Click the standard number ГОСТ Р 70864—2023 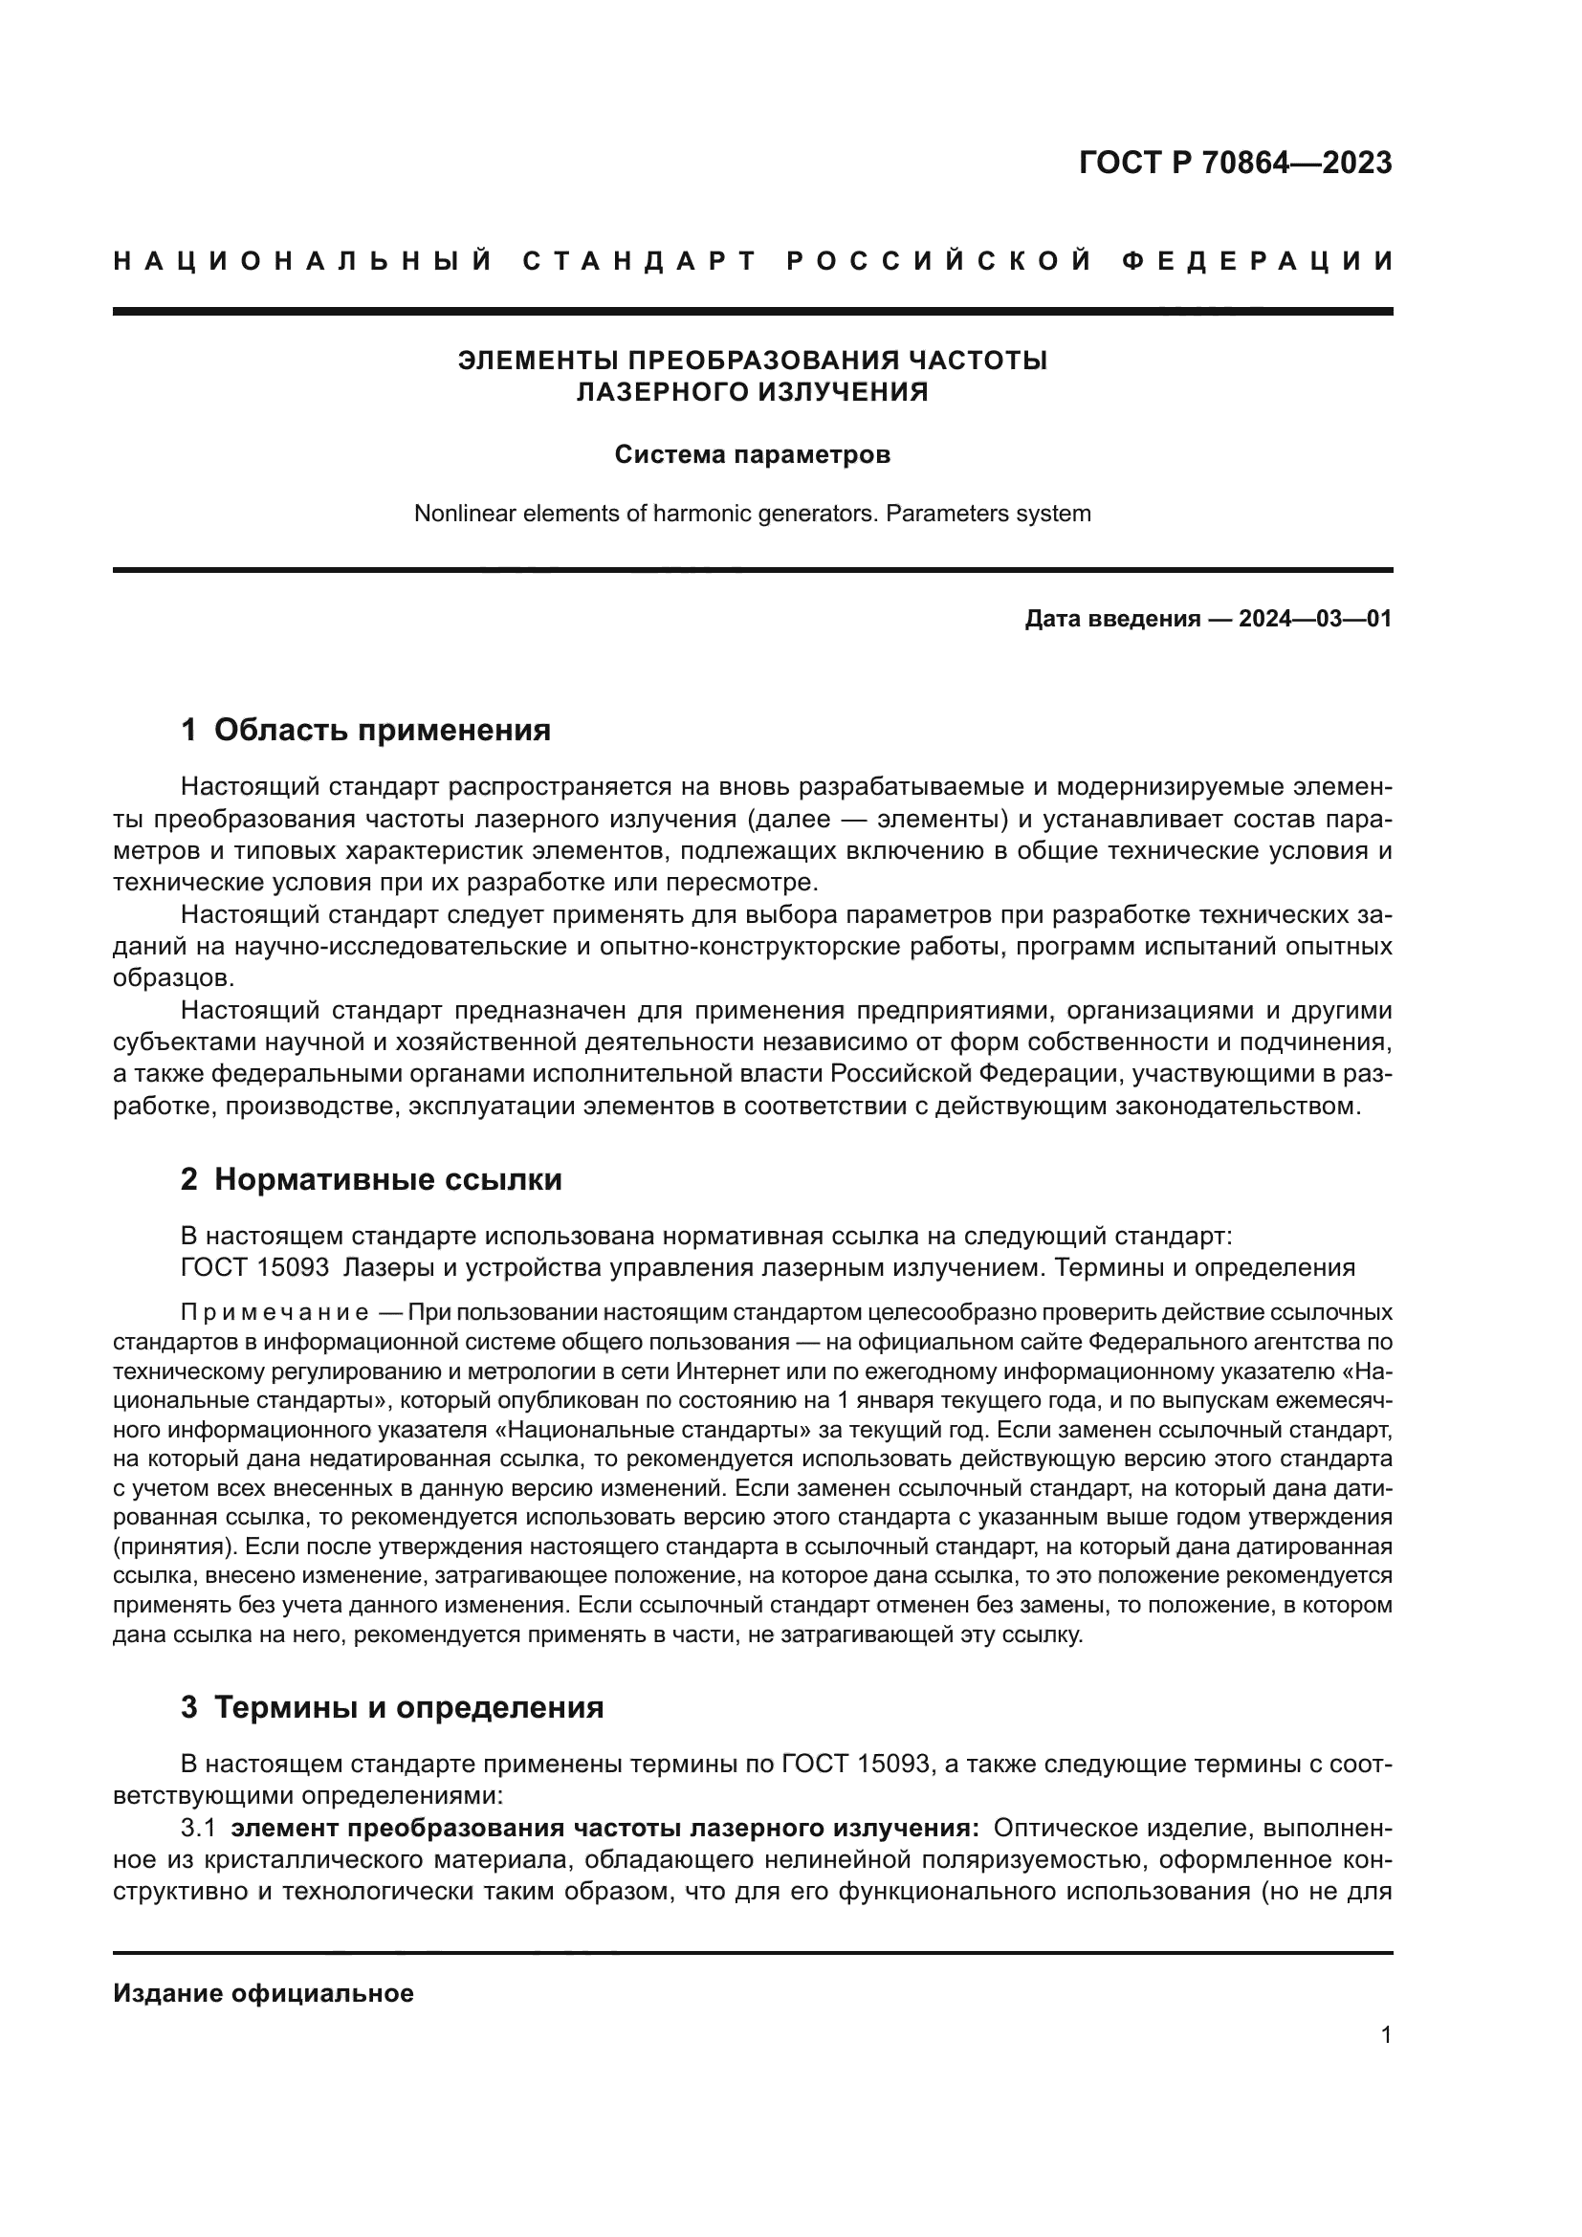[1235, 163]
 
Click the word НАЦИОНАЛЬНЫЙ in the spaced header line [303, 261]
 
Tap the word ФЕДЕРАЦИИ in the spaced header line [1258, 261]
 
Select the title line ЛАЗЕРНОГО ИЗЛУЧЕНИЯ [752, 393]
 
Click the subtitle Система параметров [752, 455]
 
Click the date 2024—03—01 [1315, 619]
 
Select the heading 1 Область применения [365, 730]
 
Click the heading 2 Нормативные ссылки [371, 1180]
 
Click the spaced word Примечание [275, 1312]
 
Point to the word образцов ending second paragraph [173, 978]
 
